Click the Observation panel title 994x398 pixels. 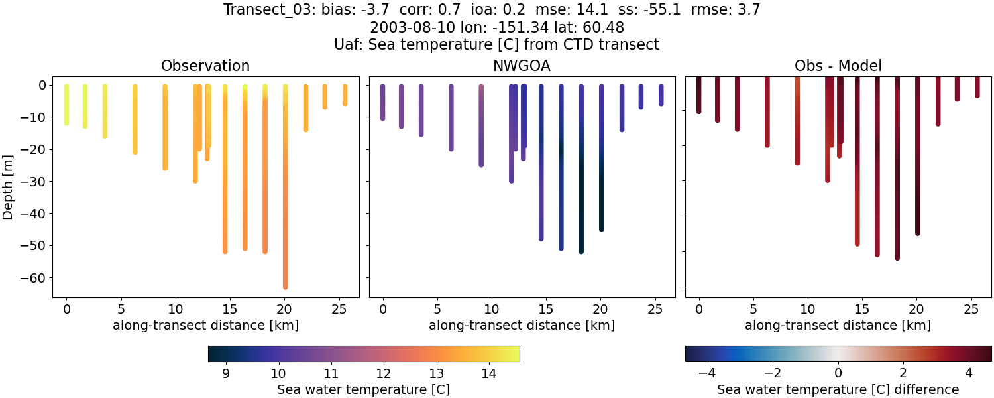(205, 66)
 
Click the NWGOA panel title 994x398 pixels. (522, 66)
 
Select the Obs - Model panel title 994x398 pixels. (838, 66)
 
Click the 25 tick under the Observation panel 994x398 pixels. (339, 309)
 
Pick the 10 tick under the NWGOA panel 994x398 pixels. (491, 309)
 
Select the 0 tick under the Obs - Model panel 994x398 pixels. (698, 309)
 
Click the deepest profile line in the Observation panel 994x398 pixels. (285, 199)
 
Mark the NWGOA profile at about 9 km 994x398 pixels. (481, 126)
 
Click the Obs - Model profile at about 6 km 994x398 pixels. (767, 113)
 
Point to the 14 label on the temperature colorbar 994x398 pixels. (488, 373)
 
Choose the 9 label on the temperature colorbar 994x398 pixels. (225, 373)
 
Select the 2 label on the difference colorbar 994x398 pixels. (903, 373)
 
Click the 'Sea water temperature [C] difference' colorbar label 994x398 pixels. (838, 389)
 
